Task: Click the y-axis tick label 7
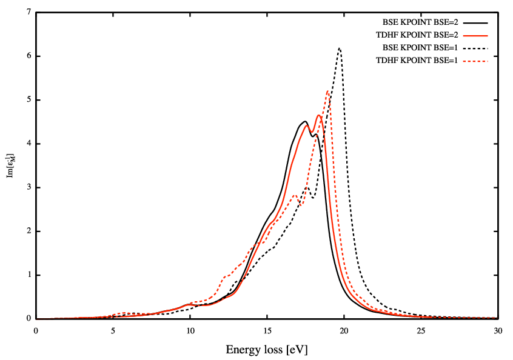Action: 28,12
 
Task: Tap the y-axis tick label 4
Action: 28,144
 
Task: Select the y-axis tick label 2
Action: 28,231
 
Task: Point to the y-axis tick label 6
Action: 28,56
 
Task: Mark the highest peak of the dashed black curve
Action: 340,48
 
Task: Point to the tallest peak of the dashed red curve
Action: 328,91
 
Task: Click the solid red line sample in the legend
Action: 476,35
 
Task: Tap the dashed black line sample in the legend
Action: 476,47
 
